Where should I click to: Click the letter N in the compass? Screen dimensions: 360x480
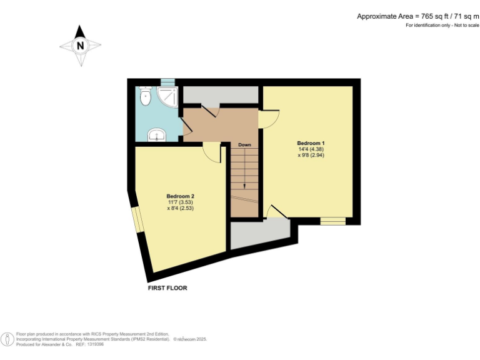[80, 46]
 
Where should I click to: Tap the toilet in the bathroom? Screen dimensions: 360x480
[145, 96]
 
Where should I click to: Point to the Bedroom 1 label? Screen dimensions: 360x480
[311, 143]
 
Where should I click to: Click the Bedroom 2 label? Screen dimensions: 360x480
[180, 196]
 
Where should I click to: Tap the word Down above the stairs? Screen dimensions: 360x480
[244, 145]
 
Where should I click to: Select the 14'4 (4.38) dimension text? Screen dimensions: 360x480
[311, 149]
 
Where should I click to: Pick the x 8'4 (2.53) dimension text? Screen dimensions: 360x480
[180, 209]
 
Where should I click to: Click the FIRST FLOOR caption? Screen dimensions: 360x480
[167, 288]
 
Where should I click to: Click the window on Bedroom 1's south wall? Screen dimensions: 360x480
[332, 221]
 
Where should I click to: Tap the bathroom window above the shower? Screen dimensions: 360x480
[166, 82]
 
